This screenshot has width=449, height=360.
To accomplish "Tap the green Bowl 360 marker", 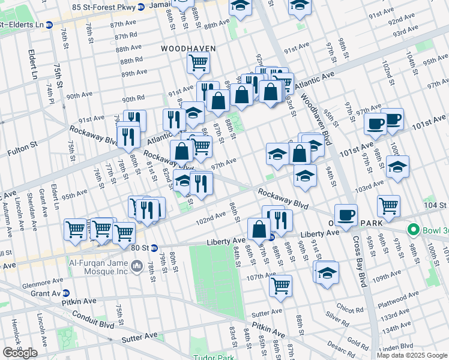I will [x=412, y=230].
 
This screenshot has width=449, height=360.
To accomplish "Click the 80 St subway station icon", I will [x=154, y=247].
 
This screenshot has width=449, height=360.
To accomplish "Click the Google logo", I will [x=20, y=353].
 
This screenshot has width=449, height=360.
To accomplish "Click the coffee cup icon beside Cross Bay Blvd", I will [x=345, y=214].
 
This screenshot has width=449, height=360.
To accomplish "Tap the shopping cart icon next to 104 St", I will [x=389, y=206].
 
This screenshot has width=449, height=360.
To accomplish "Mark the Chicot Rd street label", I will [x=350, y=310].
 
